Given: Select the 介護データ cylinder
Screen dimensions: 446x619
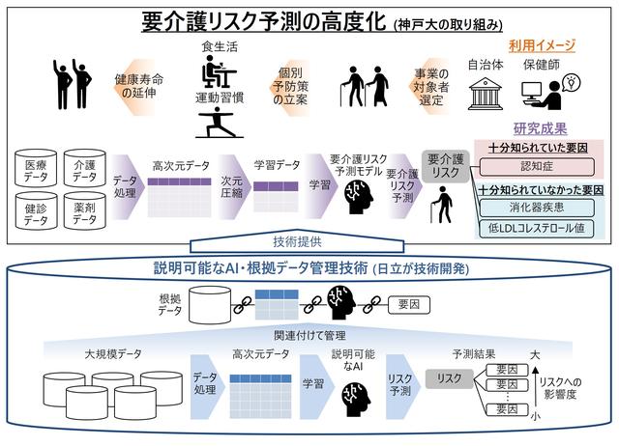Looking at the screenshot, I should [85, 172].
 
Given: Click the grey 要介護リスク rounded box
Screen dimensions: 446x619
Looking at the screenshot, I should [446, 164].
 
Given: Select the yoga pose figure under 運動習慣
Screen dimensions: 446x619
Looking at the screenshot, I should [216, 122].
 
